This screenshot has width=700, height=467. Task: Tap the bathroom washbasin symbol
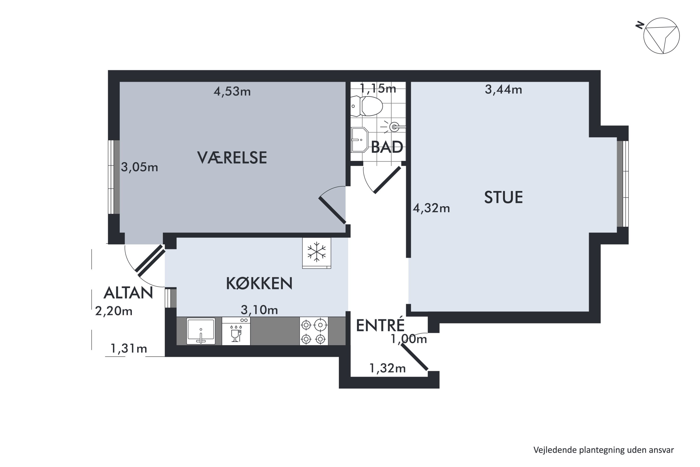point(359,140)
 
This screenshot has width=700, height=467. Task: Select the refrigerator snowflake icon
point(316,252)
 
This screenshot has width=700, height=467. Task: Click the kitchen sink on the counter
point(201,331)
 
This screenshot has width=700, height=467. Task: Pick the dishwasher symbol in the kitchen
point(236,331)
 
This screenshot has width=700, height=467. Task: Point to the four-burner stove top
point(313,331)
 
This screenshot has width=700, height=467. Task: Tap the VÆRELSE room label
point(232,158)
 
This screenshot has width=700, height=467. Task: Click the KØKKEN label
point(259,283)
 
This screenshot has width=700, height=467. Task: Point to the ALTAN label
point(128,293)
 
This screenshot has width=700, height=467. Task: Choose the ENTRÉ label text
point(380,325)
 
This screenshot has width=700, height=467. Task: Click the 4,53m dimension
point(232,92)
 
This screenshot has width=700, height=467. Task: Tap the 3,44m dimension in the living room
point(503,90)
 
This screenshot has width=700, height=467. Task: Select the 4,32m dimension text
point(431,208)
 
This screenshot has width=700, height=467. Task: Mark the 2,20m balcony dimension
point(114,311)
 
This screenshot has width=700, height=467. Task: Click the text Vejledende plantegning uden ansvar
point(603,450)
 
